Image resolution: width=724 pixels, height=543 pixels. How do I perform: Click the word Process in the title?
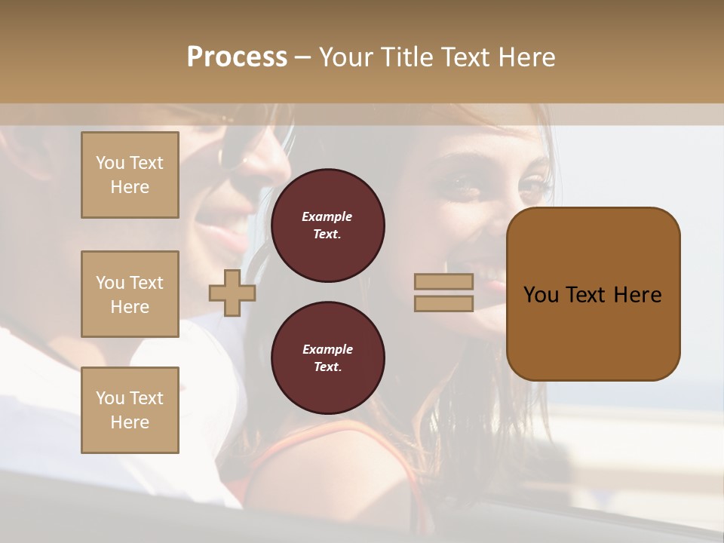pyautogui.click(x=237, y=57)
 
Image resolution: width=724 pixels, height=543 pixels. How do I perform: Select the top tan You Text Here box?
pyautogui.click(x=130, y=175)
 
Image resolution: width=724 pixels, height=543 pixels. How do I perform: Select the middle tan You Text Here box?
pyautogui.click(x=130, y=294)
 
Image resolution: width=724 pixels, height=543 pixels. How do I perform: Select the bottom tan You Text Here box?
pyautogui.click(x=130, y=410)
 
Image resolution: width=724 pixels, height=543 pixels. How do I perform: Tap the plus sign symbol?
pyautogui.click(x=232, y=293)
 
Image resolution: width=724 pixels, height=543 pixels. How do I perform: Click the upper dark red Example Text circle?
pyautogui.click(x=327, y=225)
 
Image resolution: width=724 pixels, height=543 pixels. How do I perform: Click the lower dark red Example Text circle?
pyautogui.click(x=327, y=358)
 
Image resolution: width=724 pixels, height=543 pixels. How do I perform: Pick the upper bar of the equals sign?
pyautogui.click(x=443, y=281)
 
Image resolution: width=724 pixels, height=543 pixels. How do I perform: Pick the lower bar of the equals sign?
pyautogui.click(x=443, y=303)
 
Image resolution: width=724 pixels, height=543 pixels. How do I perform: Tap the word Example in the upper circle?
pyautogui.click(x=327, y=217)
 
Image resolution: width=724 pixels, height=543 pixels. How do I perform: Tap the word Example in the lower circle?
pyautogui.click(x=327, y=350)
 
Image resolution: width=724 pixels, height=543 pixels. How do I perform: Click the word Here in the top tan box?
pyautogui.click(x=130, y=188)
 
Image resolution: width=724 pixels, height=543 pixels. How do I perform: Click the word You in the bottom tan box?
pyautogui.click(x=109, y=398)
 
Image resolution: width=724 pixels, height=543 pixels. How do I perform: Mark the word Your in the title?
pyautogui.click(x=348, y=57)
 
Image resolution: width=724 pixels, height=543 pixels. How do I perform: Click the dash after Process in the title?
pyautogui.click(x=302, y=58)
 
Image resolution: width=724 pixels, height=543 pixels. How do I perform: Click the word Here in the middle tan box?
pyautogui.click(x=130, y=307)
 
